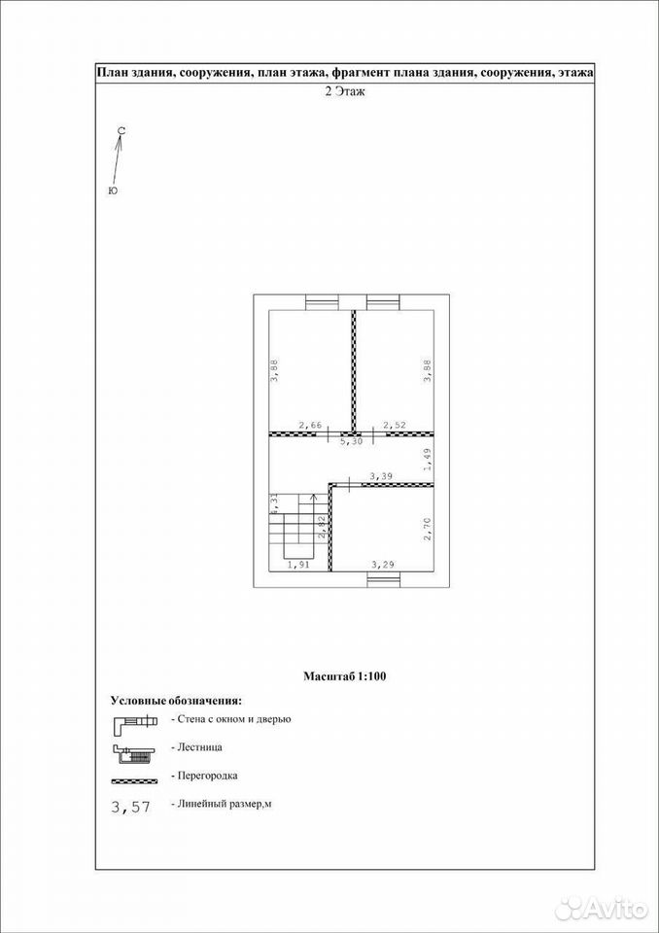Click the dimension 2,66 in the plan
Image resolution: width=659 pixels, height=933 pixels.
[x=310, y=425]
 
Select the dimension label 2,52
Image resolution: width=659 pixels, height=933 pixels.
[x=394, y=425]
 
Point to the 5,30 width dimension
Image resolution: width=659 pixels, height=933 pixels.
[x=351, y=443]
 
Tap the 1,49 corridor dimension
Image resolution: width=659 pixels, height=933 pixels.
[x=427, y=460]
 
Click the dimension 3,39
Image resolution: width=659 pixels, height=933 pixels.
[x=381, y=476]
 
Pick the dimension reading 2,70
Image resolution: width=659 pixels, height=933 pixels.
[x=427, y=529]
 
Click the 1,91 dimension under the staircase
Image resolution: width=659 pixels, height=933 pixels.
[x=298, y=566]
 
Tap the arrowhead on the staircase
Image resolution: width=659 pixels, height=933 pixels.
[x=314, y=497]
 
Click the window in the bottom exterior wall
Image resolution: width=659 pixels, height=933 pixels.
[x=382, y=579]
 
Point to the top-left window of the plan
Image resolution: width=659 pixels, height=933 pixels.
[x=322, y=302]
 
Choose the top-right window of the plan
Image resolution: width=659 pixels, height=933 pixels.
[x=382, y=302]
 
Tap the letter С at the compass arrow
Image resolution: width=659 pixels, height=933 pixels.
[x=121, y=130]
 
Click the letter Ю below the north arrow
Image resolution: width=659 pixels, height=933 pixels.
[x=113, y=190]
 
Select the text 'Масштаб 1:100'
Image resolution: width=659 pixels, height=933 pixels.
[x=345, y=676]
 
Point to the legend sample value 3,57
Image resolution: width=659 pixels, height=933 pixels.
[x=131, y=807]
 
